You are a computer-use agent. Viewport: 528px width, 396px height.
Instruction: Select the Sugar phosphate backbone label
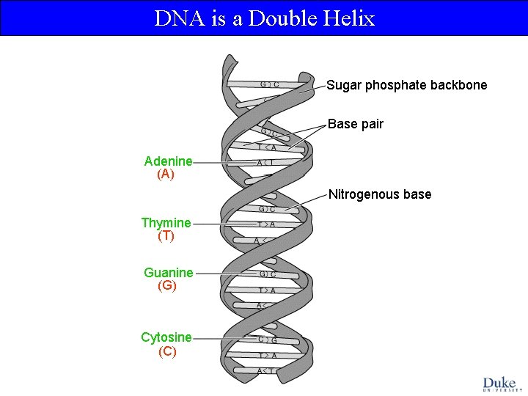[406, 85]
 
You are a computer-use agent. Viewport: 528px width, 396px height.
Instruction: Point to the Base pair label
[356, 124]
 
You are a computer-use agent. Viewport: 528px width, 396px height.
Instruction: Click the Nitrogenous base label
[380, 194]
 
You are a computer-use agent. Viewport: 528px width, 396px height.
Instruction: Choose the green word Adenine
[168, 161]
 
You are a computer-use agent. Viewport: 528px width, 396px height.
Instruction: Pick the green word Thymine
[166, 222]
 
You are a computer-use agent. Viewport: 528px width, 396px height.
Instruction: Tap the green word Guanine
[168, 273]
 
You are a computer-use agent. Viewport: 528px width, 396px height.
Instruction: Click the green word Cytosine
[166, 337]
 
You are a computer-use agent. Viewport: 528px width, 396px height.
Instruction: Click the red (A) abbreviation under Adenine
[166, 175]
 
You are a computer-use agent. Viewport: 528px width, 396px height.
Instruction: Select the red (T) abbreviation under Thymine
[166, 236]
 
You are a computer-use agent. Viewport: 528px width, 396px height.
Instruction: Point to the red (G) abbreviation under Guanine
[167, 286]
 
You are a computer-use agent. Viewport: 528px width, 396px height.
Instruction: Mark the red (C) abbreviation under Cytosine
[167, 351]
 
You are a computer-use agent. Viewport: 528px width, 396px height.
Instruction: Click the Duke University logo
[499, 384]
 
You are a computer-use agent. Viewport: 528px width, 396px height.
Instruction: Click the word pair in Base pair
[371, 124]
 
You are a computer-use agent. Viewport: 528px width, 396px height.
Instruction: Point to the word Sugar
[343, 85]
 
